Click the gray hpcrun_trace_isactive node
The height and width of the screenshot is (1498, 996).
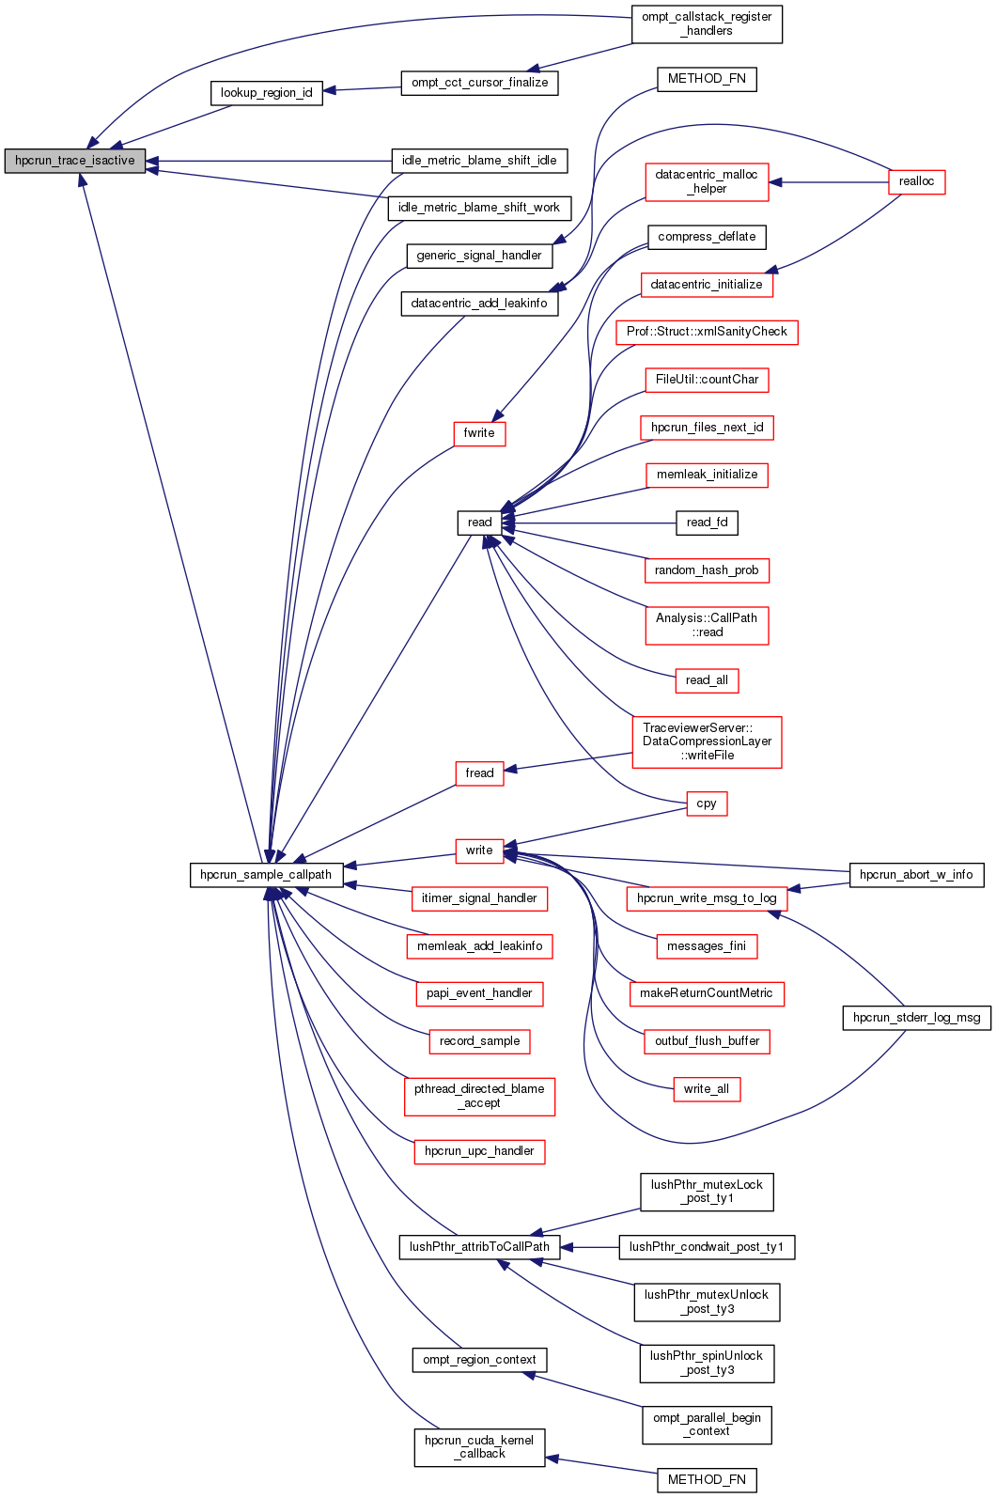click(75, 161)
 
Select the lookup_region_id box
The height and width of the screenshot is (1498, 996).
click(266, 93)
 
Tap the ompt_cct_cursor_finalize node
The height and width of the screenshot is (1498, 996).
click(479, 83)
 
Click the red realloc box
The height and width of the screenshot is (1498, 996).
click(916, 181)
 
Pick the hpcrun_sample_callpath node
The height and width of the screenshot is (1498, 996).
click(266, 875)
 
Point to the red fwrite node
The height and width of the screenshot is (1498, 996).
click(479, 433)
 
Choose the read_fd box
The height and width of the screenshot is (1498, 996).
click(707, 523)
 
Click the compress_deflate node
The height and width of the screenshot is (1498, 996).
click(707, 237)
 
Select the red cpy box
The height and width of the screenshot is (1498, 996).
click(707, 804)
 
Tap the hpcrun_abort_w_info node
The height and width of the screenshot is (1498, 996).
click(916, 875)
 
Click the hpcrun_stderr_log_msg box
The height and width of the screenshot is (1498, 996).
click(916, 1018)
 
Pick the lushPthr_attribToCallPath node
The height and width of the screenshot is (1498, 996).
click(479, 1247)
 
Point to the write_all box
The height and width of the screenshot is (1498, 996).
click(707, 1089)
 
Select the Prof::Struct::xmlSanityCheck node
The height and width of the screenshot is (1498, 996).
click(707, 332)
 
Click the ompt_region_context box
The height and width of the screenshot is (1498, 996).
click(479, 1360)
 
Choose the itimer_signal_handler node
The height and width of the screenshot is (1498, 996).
click(479, 898)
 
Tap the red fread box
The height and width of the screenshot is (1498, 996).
click(479, 773)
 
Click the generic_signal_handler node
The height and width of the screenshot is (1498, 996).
click(479, 256)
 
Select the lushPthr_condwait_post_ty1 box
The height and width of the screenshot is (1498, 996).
click(707, 1247)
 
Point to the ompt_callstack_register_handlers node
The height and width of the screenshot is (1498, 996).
click(707, 23)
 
